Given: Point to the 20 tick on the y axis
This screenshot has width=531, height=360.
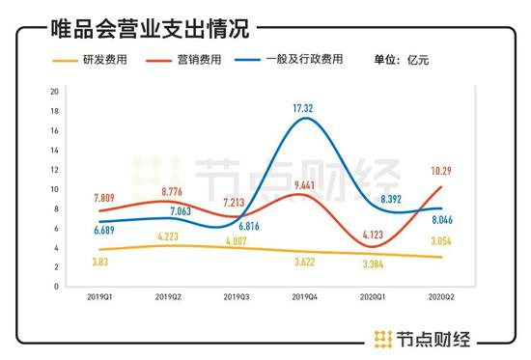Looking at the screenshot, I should click(x=55, y=92).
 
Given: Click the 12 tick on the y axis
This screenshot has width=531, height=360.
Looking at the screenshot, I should click(x=55, y=170).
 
